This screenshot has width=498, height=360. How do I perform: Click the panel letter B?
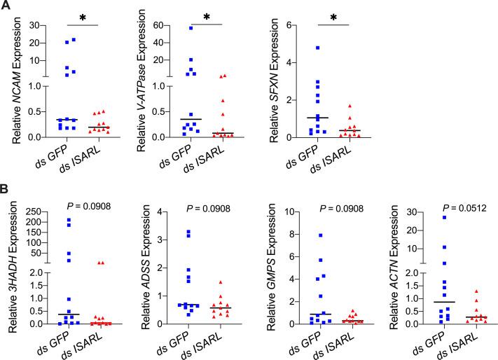[x=7, y=190]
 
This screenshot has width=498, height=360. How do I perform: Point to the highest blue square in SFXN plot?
[x=318, y=48]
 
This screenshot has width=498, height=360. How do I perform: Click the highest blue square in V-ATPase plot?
[x=191, y=28]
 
